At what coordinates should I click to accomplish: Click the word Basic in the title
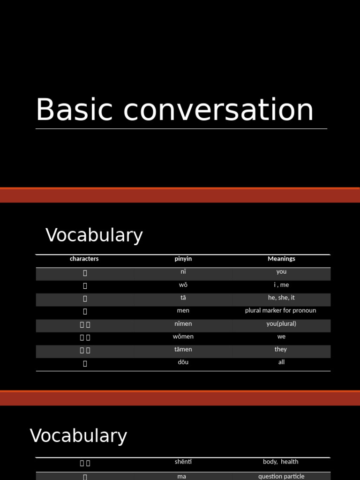click(75, 110)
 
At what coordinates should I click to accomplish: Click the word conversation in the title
click(218, 111)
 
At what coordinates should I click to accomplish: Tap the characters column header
click(84, 259)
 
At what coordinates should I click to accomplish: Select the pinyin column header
click(183, 259)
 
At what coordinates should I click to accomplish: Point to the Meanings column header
click(281, 259)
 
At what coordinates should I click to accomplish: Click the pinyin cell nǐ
click(183, 272)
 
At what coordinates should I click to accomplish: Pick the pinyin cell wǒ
click(183, 285)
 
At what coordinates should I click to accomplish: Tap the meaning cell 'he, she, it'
click(281, 298)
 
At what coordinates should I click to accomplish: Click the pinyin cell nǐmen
click(183, 323)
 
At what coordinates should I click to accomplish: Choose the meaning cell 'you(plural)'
click(281, 323)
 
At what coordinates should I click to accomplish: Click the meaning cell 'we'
click(281, 337)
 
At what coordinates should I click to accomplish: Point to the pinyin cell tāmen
click(183, 349)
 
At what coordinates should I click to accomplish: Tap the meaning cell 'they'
click(281, 349)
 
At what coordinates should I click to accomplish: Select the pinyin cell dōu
click(183, 362)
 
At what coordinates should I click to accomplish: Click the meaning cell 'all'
click(281, 362)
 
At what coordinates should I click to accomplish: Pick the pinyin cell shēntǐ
click(183, 462)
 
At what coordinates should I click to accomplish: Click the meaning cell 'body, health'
click(281, 462)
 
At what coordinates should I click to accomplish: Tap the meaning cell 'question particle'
click(281, 476)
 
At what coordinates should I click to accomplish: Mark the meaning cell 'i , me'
click(281, 285)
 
